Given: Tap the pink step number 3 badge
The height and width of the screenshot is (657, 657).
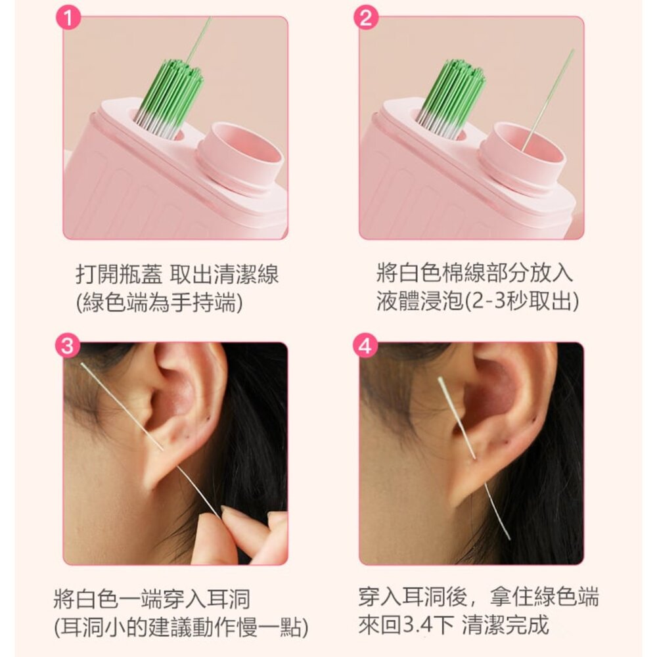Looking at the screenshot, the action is (x=68, y=346).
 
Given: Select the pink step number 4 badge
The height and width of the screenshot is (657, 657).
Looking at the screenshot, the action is (x=365, y=346).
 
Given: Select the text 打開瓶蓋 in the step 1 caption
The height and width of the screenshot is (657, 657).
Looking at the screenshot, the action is (x=119, y=275).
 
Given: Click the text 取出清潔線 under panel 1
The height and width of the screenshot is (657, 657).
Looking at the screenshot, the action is (x=225, y=275).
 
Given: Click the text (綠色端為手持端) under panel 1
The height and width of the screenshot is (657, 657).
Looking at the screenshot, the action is (x=159, y=302).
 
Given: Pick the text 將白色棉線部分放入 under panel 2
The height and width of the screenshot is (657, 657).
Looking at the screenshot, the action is (x=474, y=273).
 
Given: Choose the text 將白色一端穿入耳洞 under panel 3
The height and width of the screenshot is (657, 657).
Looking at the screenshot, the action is (x=152, y=599).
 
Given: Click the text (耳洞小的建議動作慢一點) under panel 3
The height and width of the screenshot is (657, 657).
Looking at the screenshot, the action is (x=181, y=627).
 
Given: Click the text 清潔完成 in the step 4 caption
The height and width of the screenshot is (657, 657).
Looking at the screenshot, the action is (x=505, y=625).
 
